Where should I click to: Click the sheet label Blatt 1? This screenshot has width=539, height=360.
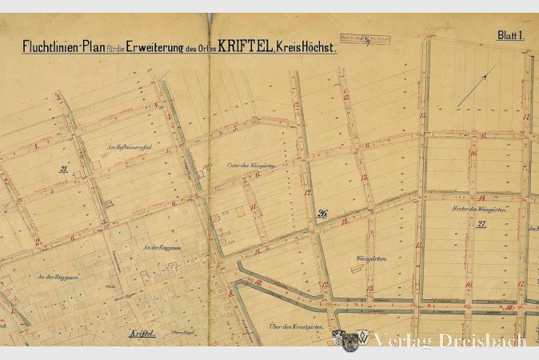(509, 35)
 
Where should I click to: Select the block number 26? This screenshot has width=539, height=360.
(322, 214)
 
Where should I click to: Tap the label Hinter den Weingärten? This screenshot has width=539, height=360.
(481, 210)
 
